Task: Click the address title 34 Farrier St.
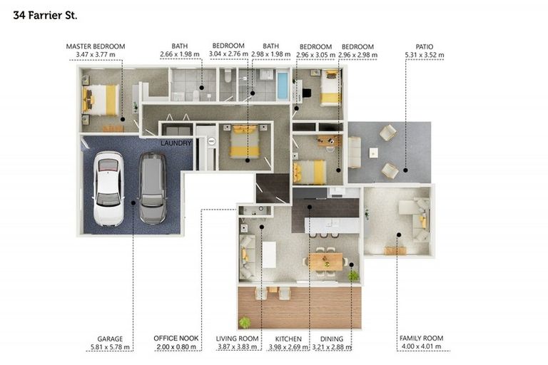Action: [45, 16]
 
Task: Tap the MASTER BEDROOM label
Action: [96, 46]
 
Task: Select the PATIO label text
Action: [425, 46]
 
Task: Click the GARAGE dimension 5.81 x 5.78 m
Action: [110, 347]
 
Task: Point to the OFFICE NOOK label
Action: [176, 338]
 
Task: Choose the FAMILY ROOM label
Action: [421, 338]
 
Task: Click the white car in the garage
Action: [108, 189]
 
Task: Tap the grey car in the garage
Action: [153, 188]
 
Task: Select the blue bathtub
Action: [283, 86]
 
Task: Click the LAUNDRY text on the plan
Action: [176, 143]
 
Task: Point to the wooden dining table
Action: [325, 262]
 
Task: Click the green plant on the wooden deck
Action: [245, 322]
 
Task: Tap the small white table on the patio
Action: [374, 153]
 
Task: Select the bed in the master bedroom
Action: [101, 101]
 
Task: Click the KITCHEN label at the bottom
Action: [288, 339]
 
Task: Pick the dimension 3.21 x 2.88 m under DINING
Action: [331, 347]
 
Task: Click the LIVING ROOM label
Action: [237, 339]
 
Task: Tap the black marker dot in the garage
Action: [133, 202]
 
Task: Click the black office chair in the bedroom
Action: [306, 93]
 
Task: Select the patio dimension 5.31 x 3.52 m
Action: [425, 55]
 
